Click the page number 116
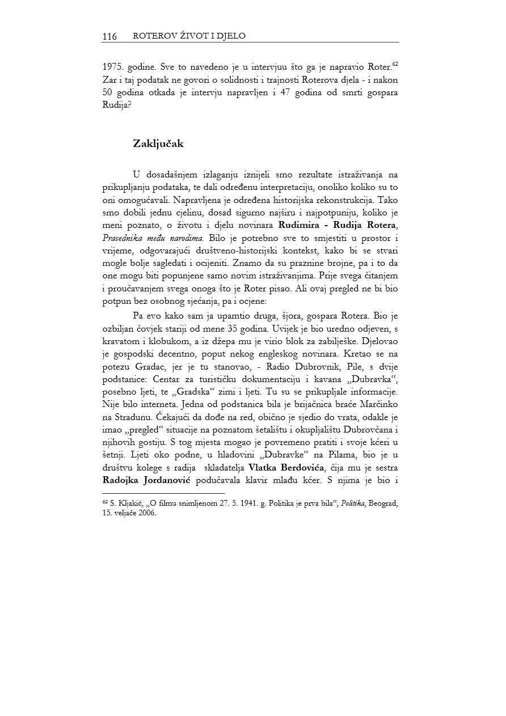tap(109, 37)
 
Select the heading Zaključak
tap(158, 144)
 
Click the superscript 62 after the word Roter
tap(395, 65)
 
